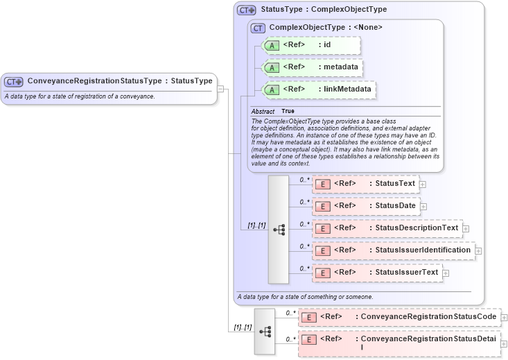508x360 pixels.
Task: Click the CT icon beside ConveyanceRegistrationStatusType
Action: click(x=14, y=82)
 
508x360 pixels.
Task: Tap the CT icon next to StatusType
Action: click(x=247, y=10)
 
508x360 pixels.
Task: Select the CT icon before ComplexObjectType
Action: click(x=258, y=28)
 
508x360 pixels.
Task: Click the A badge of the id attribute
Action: click(x=272, y=46)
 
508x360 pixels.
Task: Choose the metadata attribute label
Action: click(x=340, y=67)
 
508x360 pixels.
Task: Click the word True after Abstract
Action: click(x=288, y=111)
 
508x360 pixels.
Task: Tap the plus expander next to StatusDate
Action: click(x=423, y=206)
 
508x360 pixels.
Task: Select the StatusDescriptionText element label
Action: click(x=416, y=228)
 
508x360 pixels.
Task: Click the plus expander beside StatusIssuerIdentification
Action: click(x=478, y=250)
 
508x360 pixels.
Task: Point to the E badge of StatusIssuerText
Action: click(x=323, y=273)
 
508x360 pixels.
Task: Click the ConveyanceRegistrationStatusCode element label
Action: click(x=428, y=317)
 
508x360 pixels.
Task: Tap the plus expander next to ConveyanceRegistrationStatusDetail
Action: click(x=504, y=344)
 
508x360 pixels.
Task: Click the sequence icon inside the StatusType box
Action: click(x=279, y=230)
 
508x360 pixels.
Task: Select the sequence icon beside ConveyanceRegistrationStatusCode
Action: click(x=265, y=332)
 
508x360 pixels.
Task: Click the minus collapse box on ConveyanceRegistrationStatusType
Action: click(x=220, y=89)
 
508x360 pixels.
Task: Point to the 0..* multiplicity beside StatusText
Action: click(x=304, y=180)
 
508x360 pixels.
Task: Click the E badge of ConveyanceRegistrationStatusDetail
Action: click(x=309, y=340)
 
